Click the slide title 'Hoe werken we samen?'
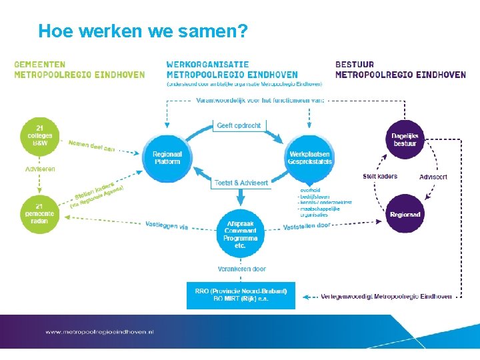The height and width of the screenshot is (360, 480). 143,31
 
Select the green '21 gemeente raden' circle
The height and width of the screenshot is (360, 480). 40,214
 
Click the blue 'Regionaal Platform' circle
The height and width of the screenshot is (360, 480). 167,158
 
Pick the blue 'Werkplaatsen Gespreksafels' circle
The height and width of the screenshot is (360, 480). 309,158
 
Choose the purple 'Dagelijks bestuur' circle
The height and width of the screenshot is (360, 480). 405,139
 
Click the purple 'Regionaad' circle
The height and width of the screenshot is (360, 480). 405,214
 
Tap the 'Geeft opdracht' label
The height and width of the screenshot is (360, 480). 239,125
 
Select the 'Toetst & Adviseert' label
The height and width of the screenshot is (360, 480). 241,183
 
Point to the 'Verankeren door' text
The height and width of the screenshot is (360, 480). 241,269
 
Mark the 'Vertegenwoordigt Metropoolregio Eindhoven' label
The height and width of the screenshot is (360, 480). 386,296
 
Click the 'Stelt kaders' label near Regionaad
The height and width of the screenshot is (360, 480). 380,177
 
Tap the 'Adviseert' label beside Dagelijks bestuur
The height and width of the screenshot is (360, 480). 433,177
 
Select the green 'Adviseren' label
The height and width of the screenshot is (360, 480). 40,169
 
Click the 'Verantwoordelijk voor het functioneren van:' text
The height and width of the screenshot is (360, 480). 260,100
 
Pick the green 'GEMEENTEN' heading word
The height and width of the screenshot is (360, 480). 40,65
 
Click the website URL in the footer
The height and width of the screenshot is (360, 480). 99,331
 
